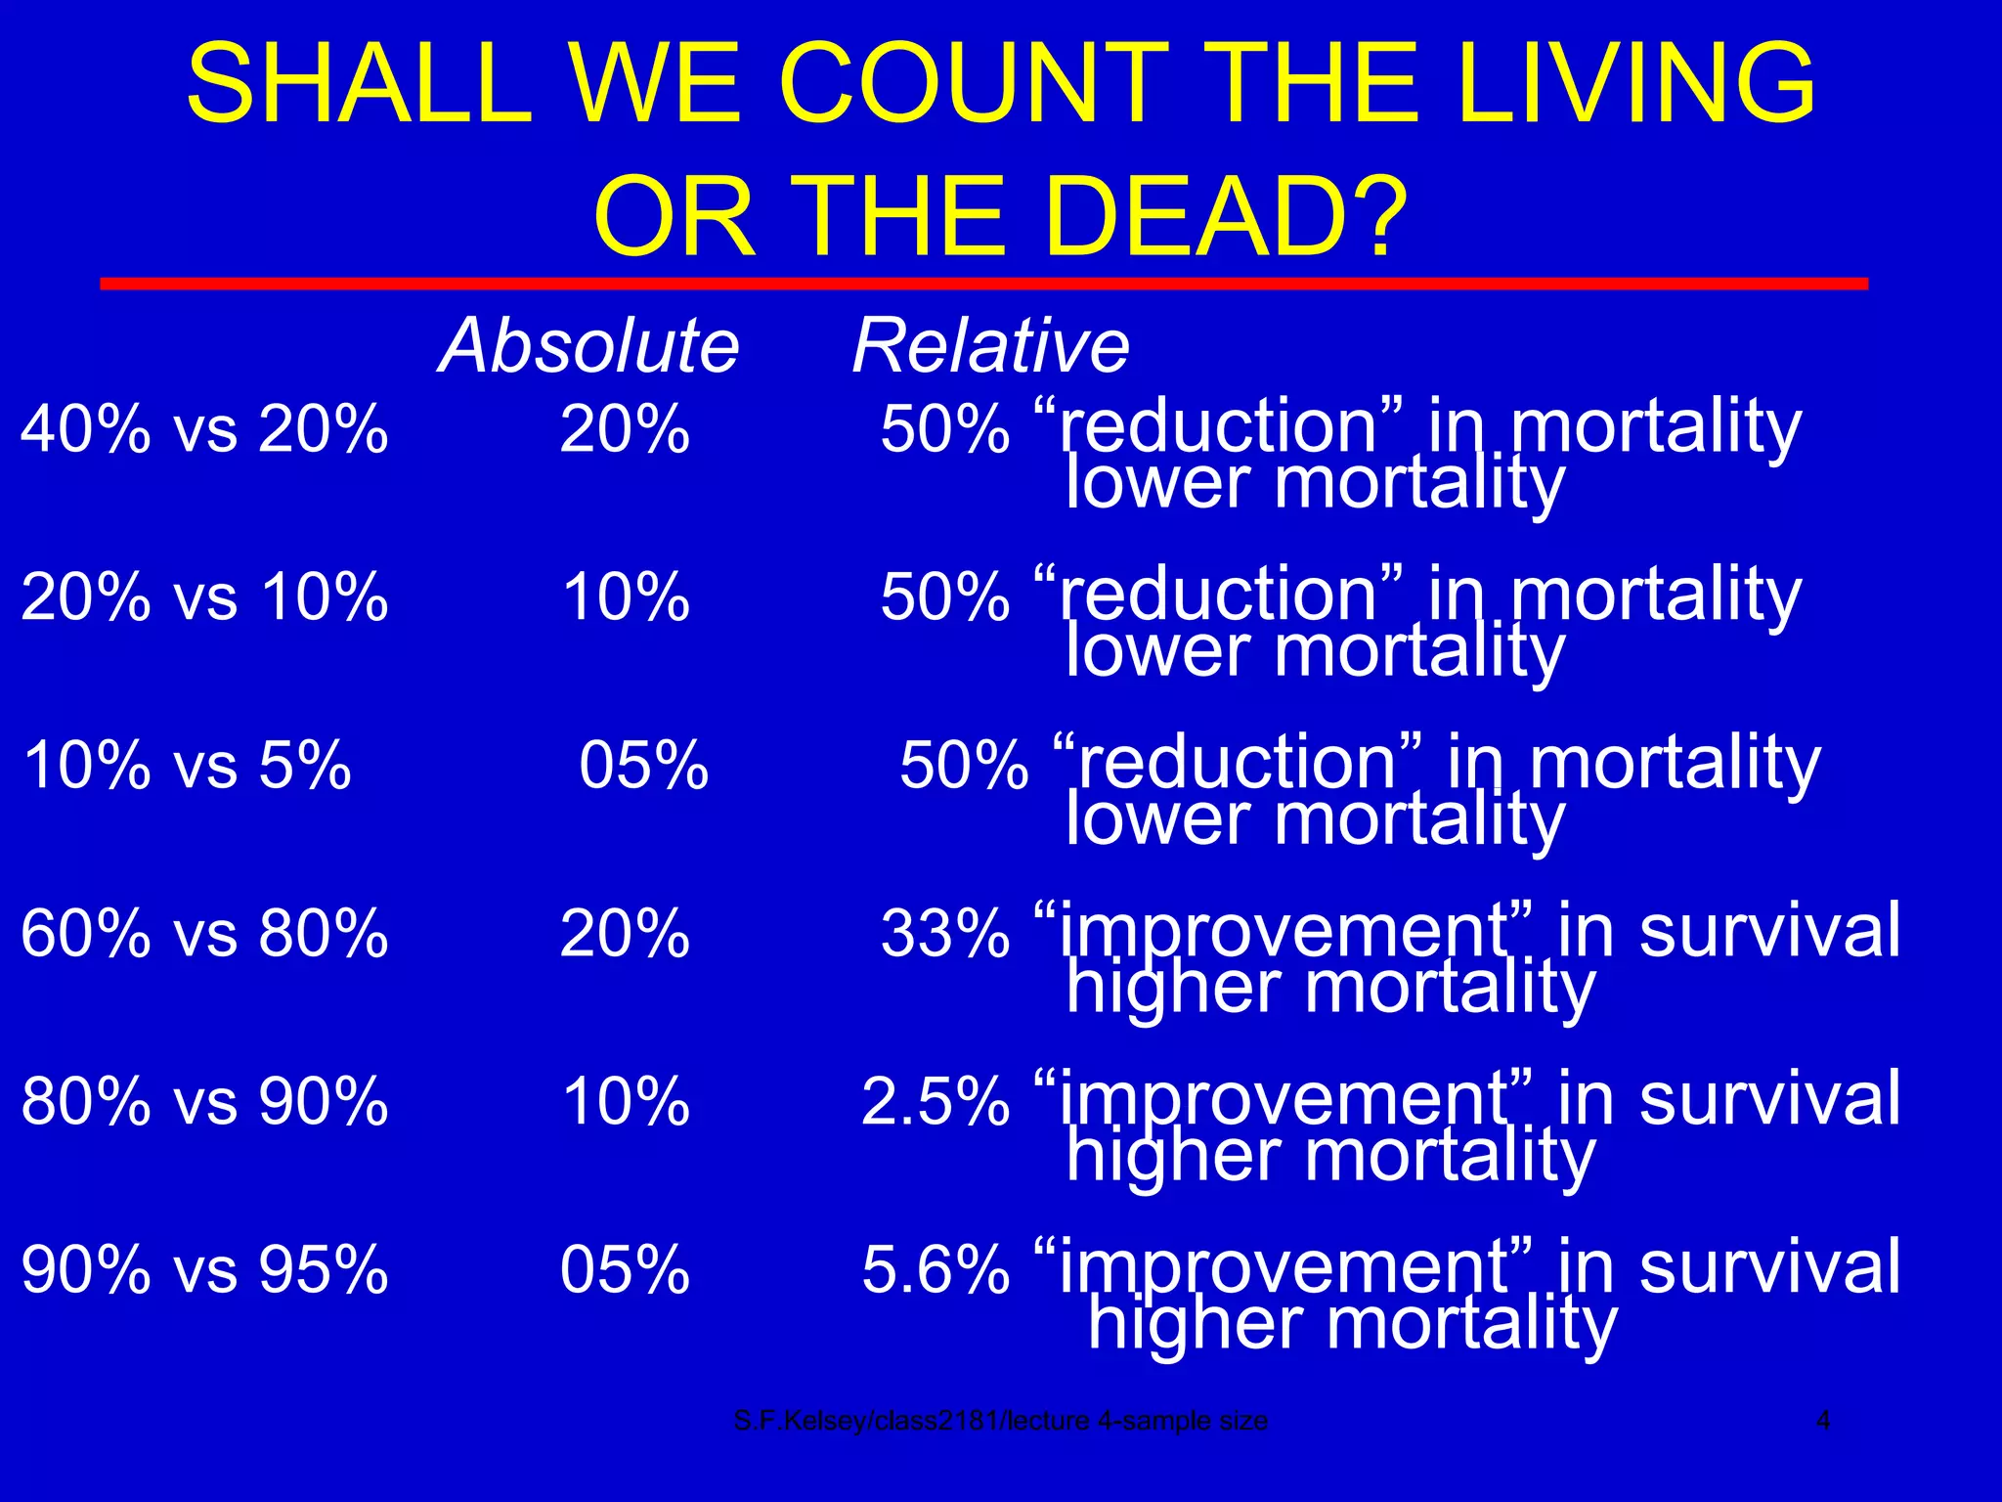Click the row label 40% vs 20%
(204, 428)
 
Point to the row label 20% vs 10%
(204, 596)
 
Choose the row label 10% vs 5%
(187, 765)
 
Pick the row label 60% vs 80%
(204, 933)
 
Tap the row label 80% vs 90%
(204, 1101)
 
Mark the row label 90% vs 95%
(204, 1269)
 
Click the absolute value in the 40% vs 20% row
(625, 428)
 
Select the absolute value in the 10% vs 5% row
(643, 765)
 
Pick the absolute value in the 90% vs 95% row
(625, 1269)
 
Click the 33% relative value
(944, 933)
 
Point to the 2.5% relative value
(935, 1101)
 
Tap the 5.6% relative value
(935, 1269)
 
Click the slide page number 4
(1823, 1420)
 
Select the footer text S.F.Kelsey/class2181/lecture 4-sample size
(1000, 1420)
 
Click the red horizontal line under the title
(983, 284)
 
